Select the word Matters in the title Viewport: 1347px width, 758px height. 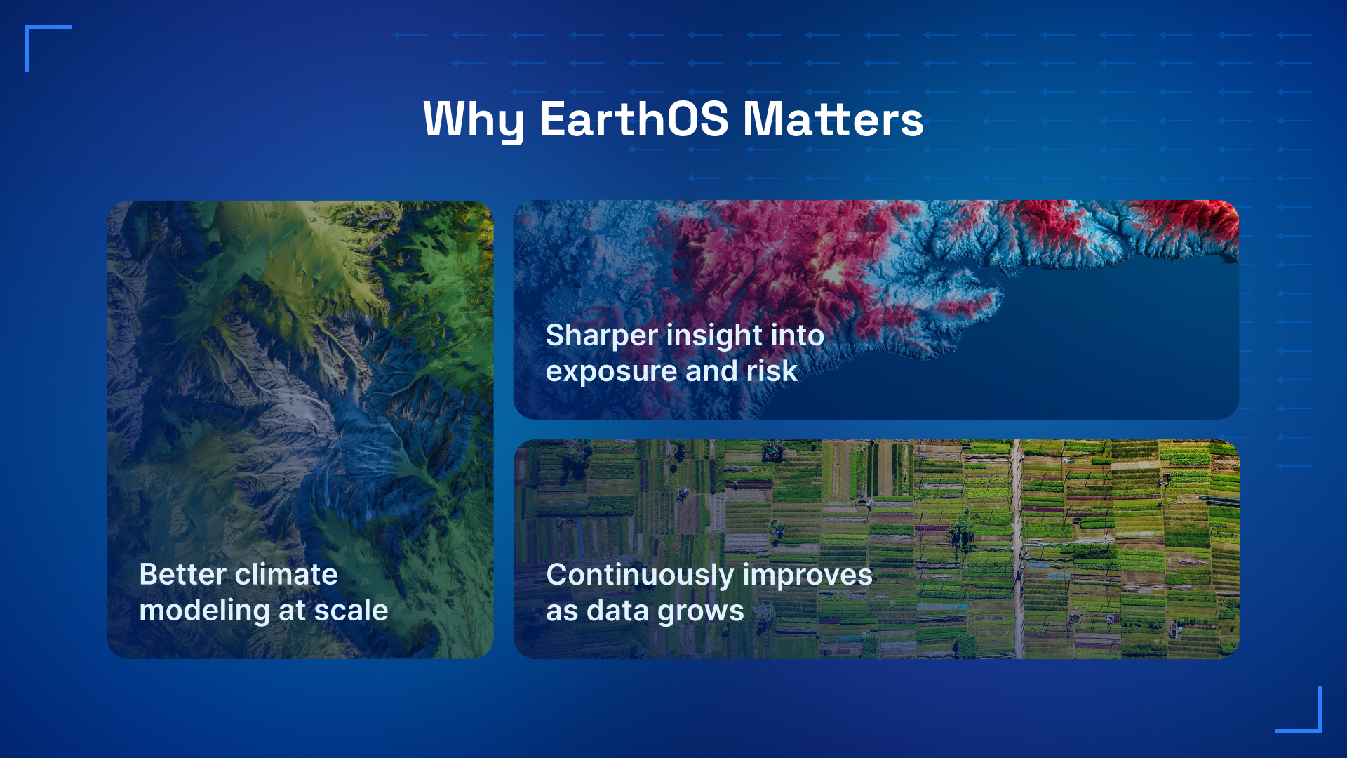833,119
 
